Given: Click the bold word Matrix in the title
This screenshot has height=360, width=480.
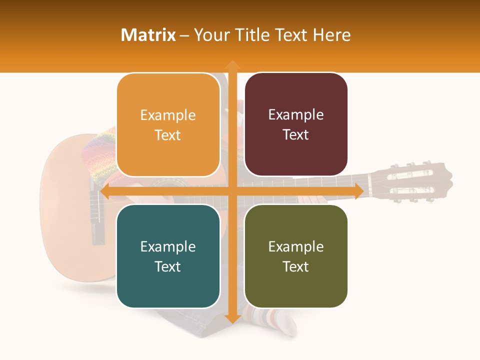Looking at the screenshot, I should [x=148, y=35].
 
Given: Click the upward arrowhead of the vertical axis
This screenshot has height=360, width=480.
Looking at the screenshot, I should [x=232, y=65].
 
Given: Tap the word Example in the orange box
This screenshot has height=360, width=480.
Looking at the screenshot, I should [x=168, y=115].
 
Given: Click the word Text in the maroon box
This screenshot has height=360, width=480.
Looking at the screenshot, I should [x=296, y=135].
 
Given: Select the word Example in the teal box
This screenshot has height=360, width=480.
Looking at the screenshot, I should [x=168, y=247].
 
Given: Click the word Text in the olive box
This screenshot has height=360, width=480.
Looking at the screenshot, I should [x=296, y=267].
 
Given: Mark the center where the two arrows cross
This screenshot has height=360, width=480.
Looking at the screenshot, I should [x=232, y=191].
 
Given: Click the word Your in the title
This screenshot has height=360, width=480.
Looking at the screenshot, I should [x=210, y=35].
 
